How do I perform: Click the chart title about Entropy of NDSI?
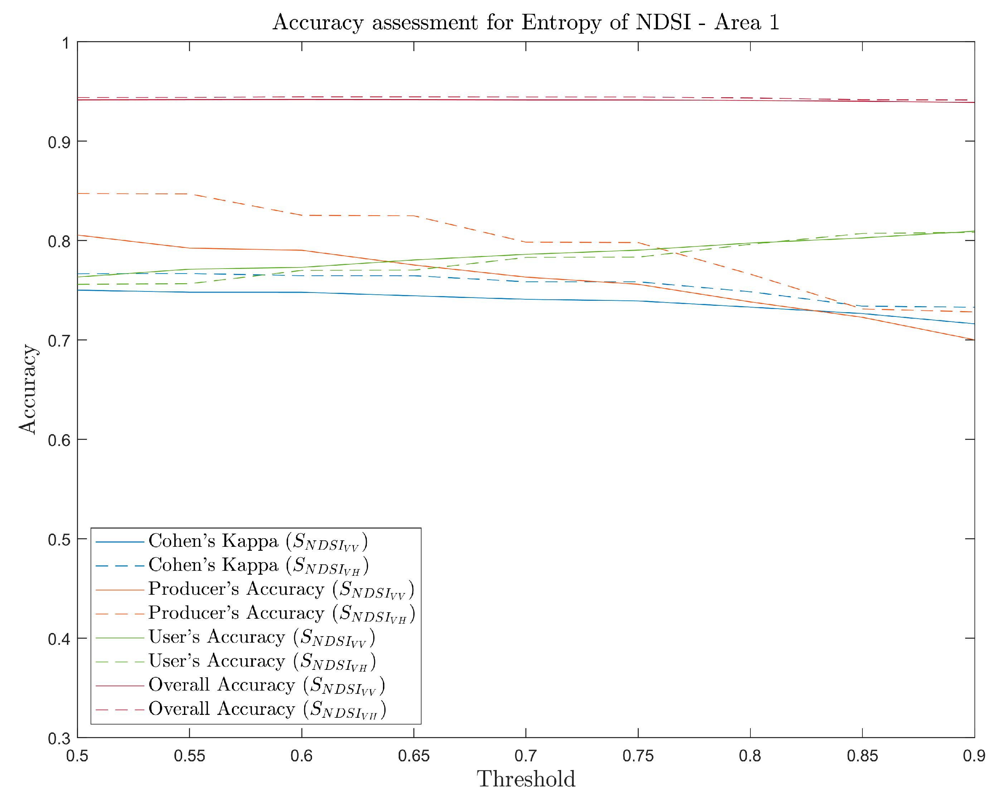[525, 22]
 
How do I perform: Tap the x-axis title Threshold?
[526, 779]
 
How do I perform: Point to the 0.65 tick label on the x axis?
[413, 756]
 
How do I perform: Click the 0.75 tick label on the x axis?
[638, 756]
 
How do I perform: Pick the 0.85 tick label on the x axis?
[862, 756]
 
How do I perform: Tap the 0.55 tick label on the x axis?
[189, 756]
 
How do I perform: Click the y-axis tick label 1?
[65, 43]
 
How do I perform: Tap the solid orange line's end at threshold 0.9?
[973, 340]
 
